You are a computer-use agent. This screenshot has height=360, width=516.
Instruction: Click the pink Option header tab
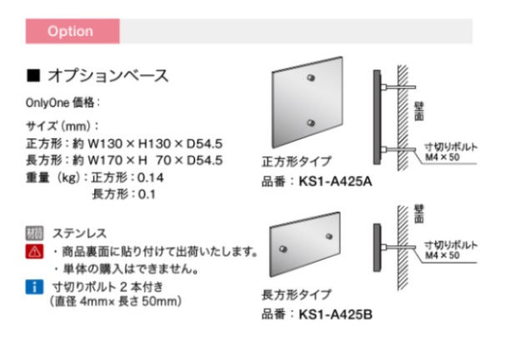[x=73, y=31]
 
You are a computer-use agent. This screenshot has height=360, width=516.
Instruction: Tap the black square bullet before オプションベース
[x=33, y=75]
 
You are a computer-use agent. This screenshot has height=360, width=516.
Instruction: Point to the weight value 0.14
[x=150, y=177]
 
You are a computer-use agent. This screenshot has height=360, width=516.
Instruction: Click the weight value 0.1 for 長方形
[x=147, y=194]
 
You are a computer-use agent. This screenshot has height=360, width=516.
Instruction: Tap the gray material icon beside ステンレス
[x=34, y=233]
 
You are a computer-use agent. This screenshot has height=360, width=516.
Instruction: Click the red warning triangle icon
[x=34, y=252]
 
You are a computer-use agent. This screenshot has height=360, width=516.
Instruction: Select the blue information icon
[x=34, y=287]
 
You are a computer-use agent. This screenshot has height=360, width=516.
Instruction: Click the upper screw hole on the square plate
[x=311, y=77]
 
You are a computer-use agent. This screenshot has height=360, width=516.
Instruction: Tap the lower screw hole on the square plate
[x=311, y=122]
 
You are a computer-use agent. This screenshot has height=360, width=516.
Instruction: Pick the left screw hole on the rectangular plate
[x=283, y=249]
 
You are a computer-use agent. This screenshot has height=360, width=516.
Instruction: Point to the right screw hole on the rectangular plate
[x=328, y=237]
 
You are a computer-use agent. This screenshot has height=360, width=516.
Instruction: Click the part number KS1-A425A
[x=335, y=182]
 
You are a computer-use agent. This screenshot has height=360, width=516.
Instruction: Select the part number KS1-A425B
[x=335, y=315]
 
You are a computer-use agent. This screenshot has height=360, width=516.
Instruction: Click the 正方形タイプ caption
[x=296, y=162]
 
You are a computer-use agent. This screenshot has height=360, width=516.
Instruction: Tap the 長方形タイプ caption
[x=296, y=294]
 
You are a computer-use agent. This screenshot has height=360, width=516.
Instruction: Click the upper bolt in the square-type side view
[x=398, y=87]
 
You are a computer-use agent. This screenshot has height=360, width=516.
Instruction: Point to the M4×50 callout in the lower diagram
[x=442, y=255]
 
